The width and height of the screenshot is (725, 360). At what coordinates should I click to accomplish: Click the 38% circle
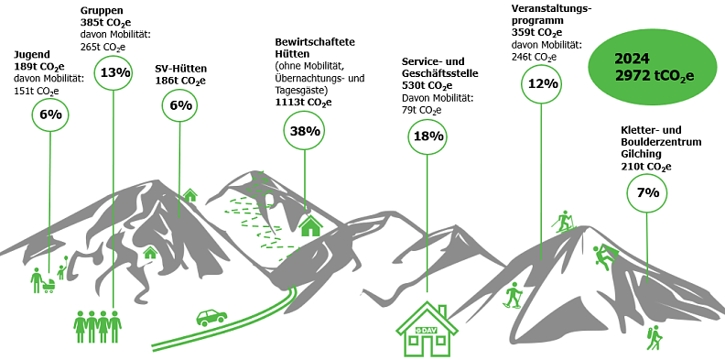coord(305,131)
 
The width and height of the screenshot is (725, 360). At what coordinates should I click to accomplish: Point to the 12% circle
coord(543,83)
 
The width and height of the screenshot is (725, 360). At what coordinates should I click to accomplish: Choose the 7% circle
coord(648,192)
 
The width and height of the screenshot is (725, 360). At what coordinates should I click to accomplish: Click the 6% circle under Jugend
coord(50,115)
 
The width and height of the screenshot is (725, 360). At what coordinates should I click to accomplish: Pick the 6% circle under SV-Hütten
coord(180,105)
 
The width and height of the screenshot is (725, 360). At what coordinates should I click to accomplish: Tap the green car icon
coord(211,317)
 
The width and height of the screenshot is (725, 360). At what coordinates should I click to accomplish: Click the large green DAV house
coord(427,330)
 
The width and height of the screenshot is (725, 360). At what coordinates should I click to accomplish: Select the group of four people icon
coord(97,325)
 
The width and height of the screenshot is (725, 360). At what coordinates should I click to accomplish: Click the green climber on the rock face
coord(605,257)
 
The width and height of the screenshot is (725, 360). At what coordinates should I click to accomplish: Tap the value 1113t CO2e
coord(303,103)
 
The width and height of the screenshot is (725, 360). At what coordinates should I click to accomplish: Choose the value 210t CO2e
coord(646,167)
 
